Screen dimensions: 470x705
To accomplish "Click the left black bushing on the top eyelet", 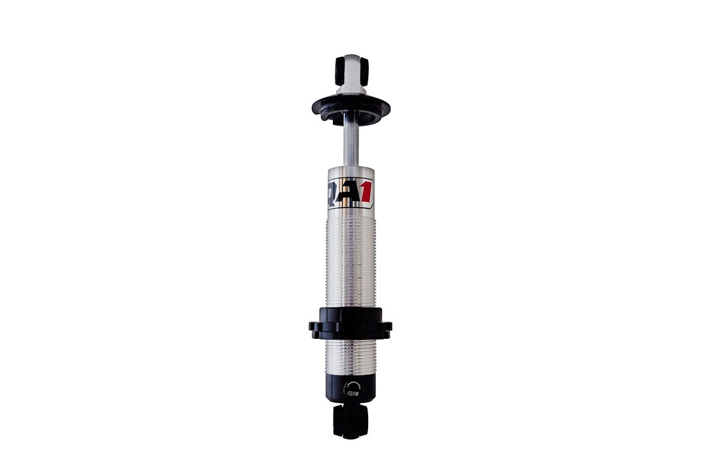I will [x=339, y=70].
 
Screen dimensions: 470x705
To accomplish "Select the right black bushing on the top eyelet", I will [x=364, y=70].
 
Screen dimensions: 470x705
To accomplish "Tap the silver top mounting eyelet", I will [x=351, y=69].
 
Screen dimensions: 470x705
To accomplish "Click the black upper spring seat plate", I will [x=351, y=108].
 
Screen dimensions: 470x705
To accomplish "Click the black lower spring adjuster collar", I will [x=351, y=323].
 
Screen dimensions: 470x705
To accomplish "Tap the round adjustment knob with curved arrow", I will [x=351, y=390].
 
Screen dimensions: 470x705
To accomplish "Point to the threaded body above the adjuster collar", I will [x=351, y=261].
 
